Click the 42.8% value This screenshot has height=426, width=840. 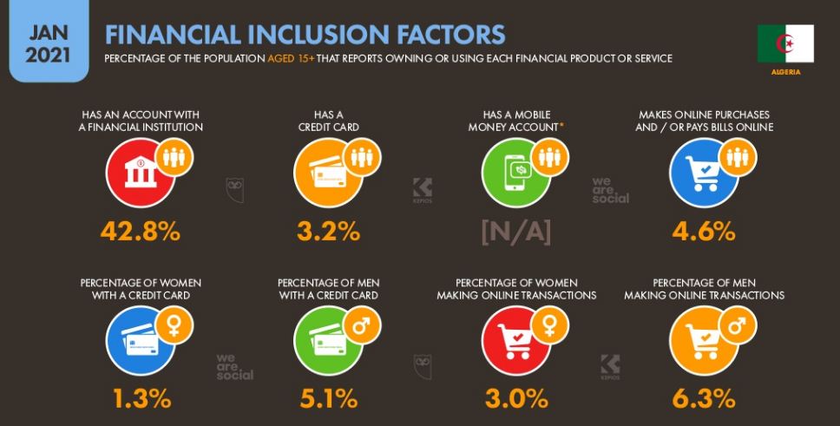pyautogui.click(x=141, y=232)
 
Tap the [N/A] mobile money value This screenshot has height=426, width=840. pyautogui.click(x=516, y=232)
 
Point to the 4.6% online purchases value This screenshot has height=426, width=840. pyautogui.click(x=703, y=232)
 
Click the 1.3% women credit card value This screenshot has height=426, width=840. pyautogui.click(x=141, y=398)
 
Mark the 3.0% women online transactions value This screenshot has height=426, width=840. pyautogui.click(x=516, y=398)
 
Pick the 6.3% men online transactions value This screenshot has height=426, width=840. pyautogui.click(x=703, y=398)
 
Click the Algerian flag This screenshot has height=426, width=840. pyautogui.click(x=784, y=43)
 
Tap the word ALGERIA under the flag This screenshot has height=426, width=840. pyautogui.click(x=785, y=72)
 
